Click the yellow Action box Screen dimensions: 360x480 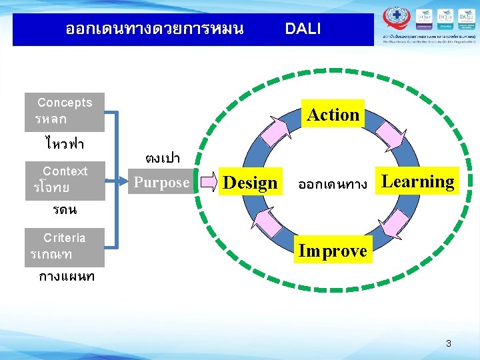pos(333,115)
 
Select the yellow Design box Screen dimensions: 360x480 pos(249,183)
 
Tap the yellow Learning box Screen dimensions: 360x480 pos(417,181)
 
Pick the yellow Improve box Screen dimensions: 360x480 pos(333,251)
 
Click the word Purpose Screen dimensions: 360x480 pos(162,182)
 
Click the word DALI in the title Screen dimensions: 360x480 pos(303,29)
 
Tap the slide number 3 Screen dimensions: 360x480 pos(449,344)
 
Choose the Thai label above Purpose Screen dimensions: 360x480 pos(162,159)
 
